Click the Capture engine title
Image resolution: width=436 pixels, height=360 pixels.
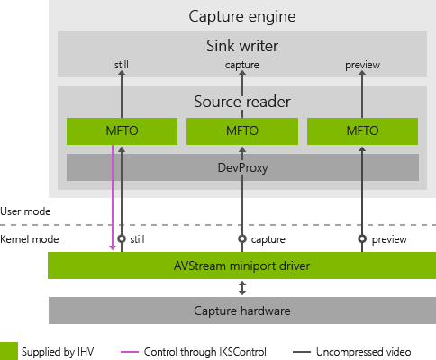241,16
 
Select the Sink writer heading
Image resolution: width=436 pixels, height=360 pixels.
241,45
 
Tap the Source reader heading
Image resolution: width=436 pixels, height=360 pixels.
241,102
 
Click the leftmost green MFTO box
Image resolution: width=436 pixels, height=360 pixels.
121,131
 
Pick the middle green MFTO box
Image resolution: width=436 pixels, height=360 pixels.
241,131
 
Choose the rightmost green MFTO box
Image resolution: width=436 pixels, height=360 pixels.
363,131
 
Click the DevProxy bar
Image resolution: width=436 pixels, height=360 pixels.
241,166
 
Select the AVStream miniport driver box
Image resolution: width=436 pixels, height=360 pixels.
241,265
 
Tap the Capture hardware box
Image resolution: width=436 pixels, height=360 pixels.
241,310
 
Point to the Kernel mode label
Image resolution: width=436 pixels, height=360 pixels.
28,239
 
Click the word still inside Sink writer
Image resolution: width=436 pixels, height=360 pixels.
122,65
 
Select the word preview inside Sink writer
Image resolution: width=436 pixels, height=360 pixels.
363,65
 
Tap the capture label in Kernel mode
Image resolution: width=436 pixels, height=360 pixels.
268,239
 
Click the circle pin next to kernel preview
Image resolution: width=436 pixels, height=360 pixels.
363,239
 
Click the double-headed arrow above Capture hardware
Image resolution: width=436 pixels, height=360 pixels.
241,288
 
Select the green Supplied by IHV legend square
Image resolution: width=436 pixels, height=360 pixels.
9,349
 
